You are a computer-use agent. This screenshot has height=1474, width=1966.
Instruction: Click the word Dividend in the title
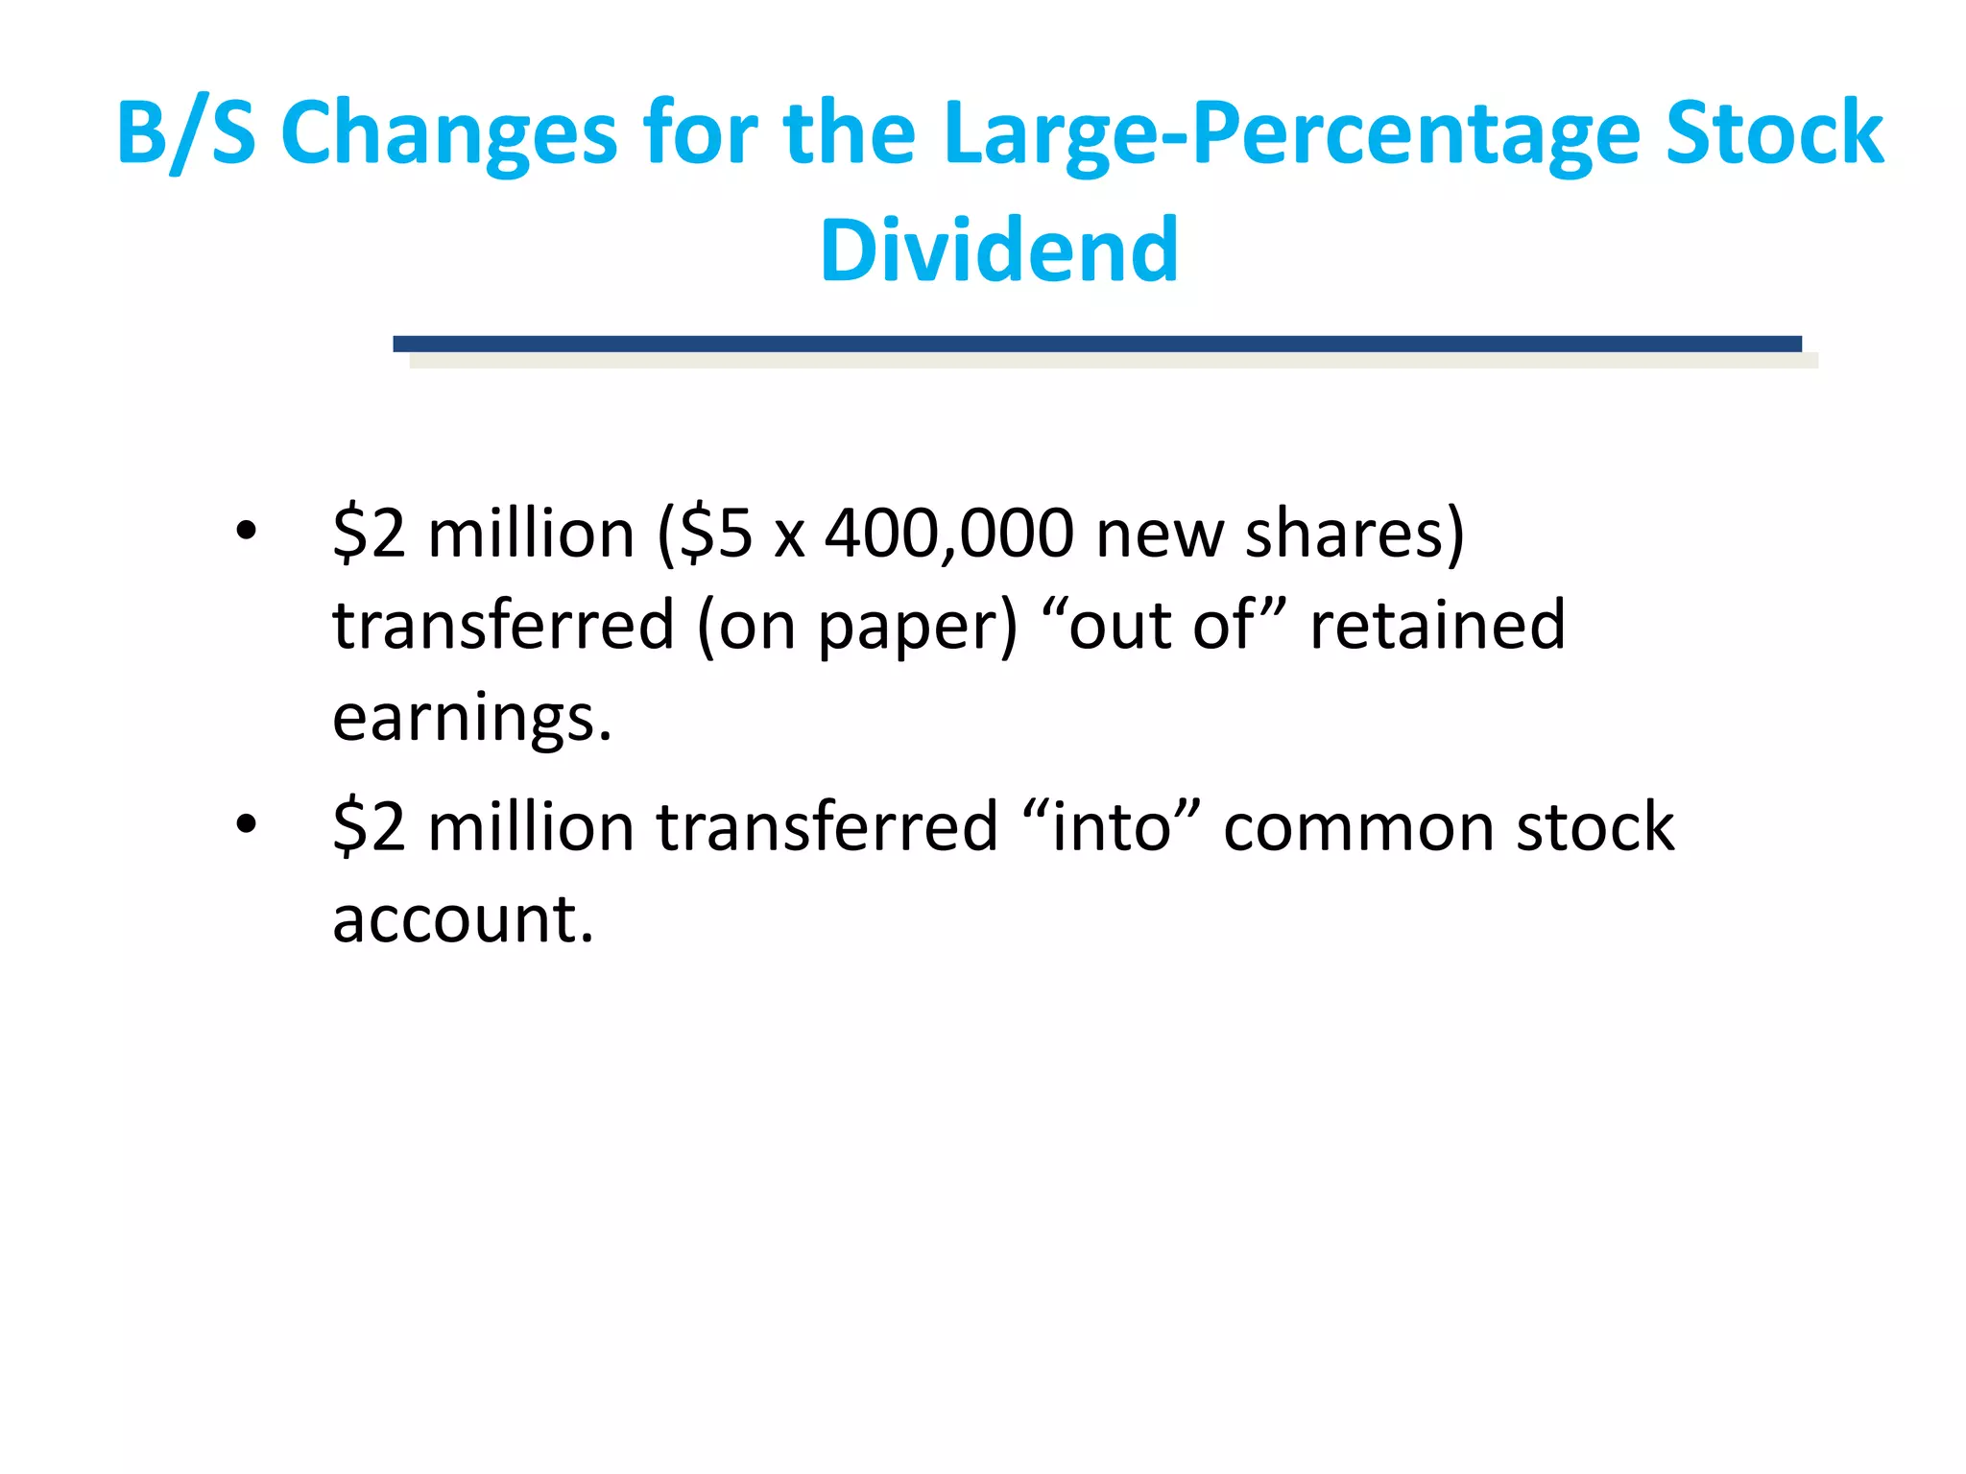tap(998, 250)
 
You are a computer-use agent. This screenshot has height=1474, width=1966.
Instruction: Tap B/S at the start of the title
tap(186, 133)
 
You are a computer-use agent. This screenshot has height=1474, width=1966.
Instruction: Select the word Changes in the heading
tap(449, 133)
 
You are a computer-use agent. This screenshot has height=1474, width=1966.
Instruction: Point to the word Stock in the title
tap(1774, 133)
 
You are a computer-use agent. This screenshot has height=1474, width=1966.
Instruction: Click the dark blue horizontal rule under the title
tap(1096, 344)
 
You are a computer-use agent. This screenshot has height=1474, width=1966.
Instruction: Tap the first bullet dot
tap(247, 531)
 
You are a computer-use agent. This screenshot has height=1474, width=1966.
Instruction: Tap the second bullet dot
tap(247, 823)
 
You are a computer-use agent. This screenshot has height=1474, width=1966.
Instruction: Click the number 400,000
tap(948, 534)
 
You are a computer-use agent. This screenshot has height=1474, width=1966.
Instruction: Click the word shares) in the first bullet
tap(1355, 534)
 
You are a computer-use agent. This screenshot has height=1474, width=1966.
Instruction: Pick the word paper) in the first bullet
tap(917, 626)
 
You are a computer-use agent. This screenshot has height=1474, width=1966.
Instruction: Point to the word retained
tap(1437, 626)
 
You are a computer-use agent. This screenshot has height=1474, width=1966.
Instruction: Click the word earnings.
tap(471, 718)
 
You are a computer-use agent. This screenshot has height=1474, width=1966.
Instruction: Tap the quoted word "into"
tap(1111, 826)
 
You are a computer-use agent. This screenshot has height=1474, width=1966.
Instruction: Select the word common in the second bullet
tap(1357, 826)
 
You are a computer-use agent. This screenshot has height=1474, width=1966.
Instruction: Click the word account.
tap(463, 918)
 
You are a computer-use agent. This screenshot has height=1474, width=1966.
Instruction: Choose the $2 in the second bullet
tap(369, 826)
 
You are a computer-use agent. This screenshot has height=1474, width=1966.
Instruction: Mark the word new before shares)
tap(1159, 535)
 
